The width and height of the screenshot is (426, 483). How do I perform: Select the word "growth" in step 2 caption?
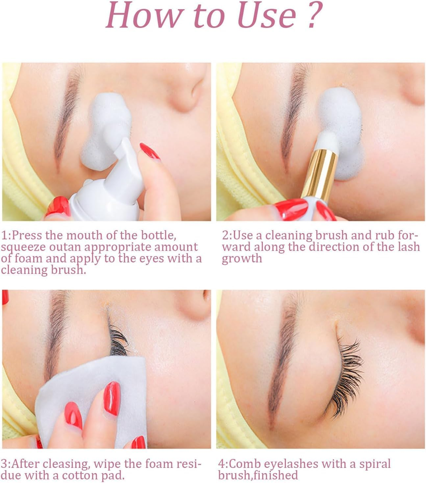click(x=242, y=258)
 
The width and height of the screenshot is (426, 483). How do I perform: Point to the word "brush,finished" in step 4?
click(x=258, y=475)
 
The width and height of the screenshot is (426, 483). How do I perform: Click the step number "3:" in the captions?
click(x=6, y=464)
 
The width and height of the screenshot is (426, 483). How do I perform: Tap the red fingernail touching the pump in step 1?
click(x=150, y=151)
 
